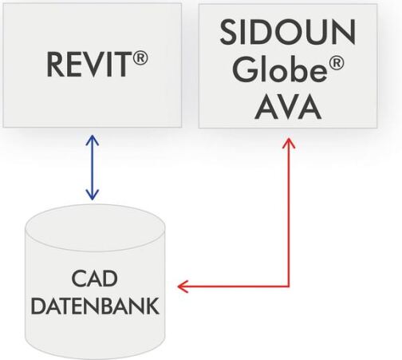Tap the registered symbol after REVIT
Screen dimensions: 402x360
pyautogui.click(x=140, y=58)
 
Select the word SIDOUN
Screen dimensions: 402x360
pyautogui.click(x=288, y=32)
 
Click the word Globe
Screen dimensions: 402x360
pyautogui.click(x=280, y=69)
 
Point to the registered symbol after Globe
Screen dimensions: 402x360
pyautogui.click(x=337, y=64)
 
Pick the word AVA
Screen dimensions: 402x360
pyautogui.click(x=288, y=107)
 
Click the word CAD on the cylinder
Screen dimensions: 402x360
pyautogui.click(x=94, y=279)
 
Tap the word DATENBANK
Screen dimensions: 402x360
pyautogui.click(x=95, y=307)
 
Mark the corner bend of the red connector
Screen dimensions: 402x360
pyautogui.click(x=289, y=287)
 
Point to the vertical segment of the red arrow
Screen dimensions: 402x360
pyautogui.click(x=289, y=212)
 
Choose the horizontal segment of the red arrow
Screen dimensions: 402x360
pyautogui.click(x=233, y=287)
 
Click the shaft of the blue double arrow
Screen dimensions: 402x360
pyautogui.click(x=93, y=168)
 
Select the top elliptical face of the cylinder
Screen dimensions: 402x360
pyautogui.click(x=95, y=227)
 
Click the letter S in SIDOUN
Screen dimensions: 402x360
pyautogui.click(x=228, y=32)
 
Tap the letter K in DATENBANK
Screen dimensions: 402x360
pyautogui.click(x=152, y=307)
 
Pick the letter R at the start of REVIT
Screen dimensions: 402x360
pyautogui.click(x=54, y=65)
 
